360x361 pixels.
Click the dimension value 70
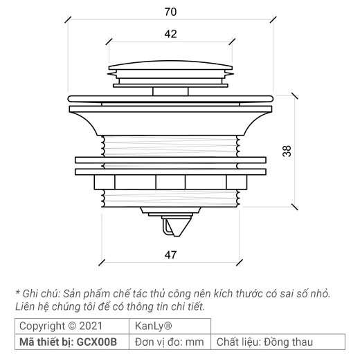[170, 12]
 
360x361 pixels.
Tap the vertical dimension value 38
[286, 153]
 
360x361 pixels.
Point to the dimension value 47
[170, 254]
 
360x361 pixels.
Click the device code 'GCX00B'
[98, 342]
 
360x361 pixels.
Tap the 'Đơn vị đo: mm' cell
[169, 342]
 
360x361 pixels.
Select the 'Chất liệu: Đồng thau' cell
[265, 342]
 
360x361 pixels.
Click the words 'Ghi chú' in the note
[42, 293]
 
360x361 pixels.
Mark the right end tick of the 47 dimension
[239, 263]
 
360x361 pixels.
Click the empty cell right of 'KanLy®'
[277, 326]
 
